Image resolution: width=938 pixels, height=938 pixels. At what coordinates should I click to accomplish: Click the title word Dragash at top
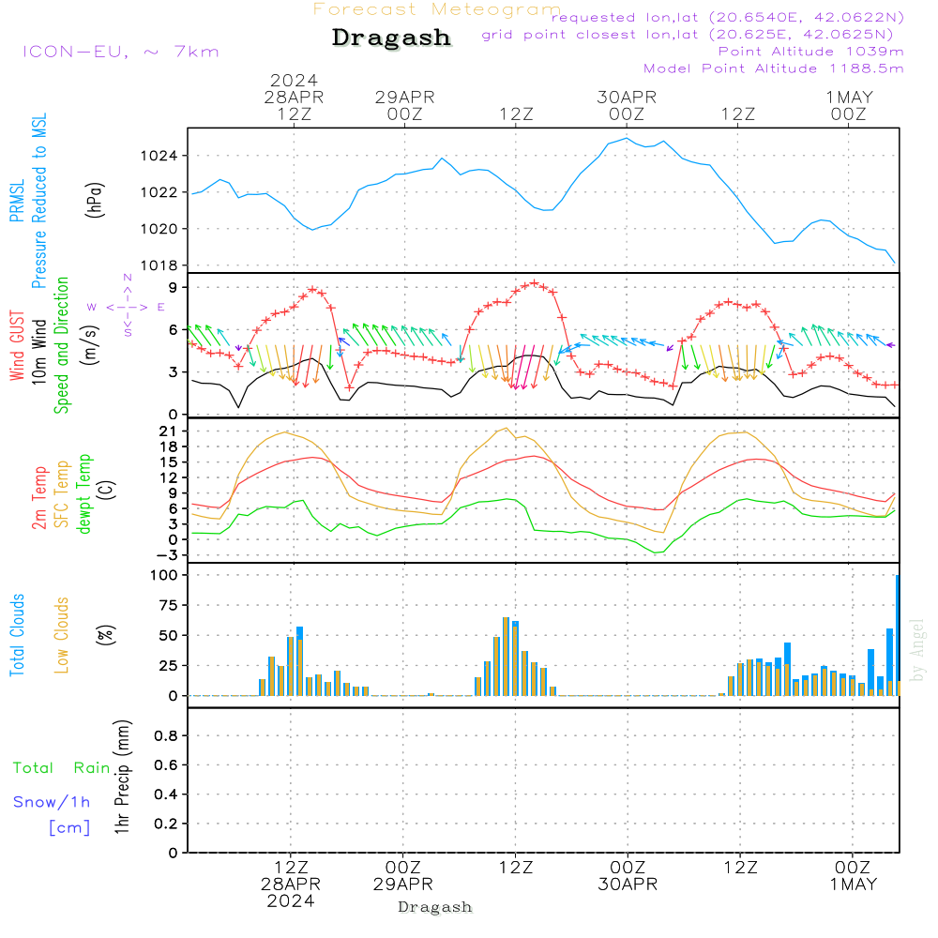[391, 38]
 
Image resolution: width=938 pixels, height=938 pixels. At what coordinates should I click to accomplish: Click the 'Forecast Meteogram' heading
[437, 9]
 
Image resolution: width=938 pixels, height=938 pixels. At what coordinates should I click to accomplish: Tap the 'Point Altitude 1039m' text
[810, 52]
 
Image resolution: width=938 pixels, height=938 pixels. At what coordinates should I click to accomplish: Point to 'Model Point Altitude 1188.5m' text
[773, 68]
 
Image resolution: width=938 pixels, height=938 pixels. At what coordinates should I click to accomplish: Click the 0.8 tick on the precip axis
[166, 737]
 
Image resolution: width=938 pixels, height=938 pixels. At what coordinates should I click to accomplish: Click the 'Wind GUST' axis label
[18, 348]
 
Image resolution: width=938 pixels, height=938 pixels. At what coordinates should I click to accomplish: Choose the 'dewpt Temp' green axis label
[84, 494]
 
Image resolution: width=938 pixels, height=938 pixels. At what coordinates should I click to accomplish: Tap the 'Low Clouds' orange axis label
[62, 635]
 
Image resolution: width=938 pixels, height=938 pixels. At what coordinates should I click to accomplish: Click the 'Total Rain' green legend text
[61, 768]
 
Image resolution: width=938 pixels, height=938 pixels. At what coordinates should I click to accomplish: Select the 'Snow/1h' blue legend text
[52, 802]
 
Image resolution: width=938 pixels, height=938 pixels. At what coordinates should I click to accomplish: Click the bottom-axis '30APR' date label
[627, 885]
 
